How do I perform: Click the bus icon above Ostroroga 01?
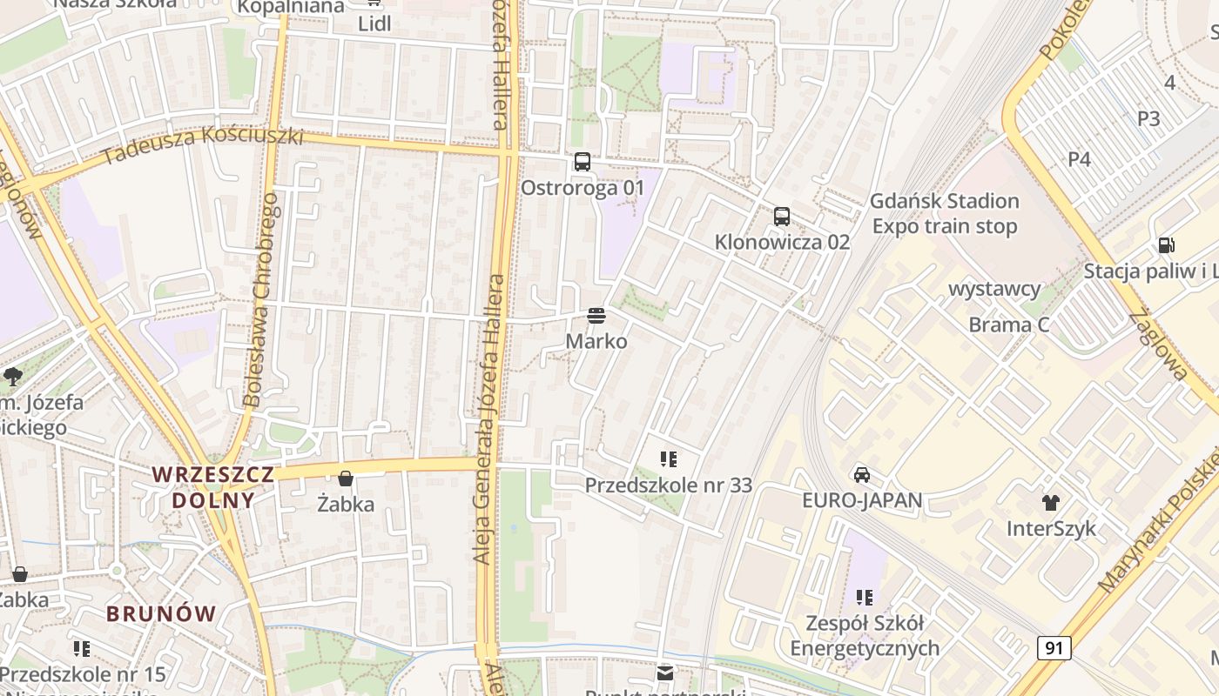[x=583, y=162]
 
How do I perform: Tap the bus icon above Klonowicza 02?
[x=782, y=216]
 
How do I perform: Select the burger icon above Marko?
[x=596, y=315]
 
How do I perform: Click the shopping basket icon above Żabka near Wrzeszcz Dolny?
[x=346, y=478]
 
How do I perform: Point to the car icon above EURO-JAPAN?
[x=862, y=475]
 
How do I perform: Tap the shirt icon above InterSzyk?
[x=1051, y=502]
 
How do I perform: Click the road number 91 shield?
[x=1054, y=647]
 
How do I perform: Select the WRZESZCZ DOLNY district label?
[x=213, y=487]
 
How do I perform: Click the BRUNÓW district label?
[x=161, y=613]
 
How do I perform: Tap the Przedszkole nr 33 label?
[x=668, y=485]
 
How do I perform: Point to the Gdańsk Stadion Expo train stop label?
[x=945, y=214]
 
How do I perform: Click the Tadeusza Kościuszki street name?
[x=202, y=146]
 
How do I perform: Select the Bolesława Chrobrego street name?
[x=262, y=300]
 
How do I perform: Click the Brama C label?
[x=1009, y=325]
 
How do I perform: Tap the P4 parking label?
[x=1079, y=158]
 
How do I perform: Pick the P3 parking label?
[x=1148, y=118]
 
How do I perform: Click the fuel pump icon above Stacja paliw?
[x=1166, y=245]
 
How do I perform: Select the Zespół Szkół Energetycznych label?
[x=865, y=636]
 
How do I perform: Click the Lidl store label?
[x=374, y=23]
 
